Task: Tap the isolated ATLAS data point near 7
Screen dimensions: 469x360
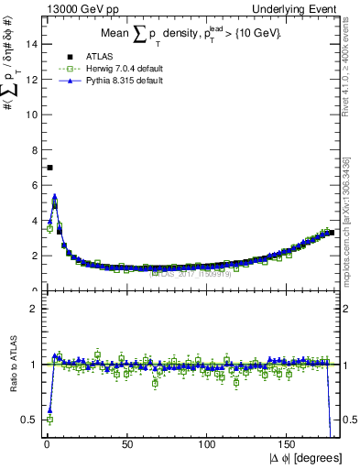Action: click(49, 168)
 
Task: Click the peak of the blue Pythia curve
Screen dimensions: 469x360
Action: click(55, 195)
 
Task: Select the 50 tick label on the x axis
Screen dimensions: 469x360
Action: click(127, 443)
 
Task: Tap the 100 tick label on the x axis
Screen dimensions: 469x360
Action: click(208, 443)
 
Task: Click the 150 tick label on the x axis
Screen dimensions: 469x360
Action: click(289, 443)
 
